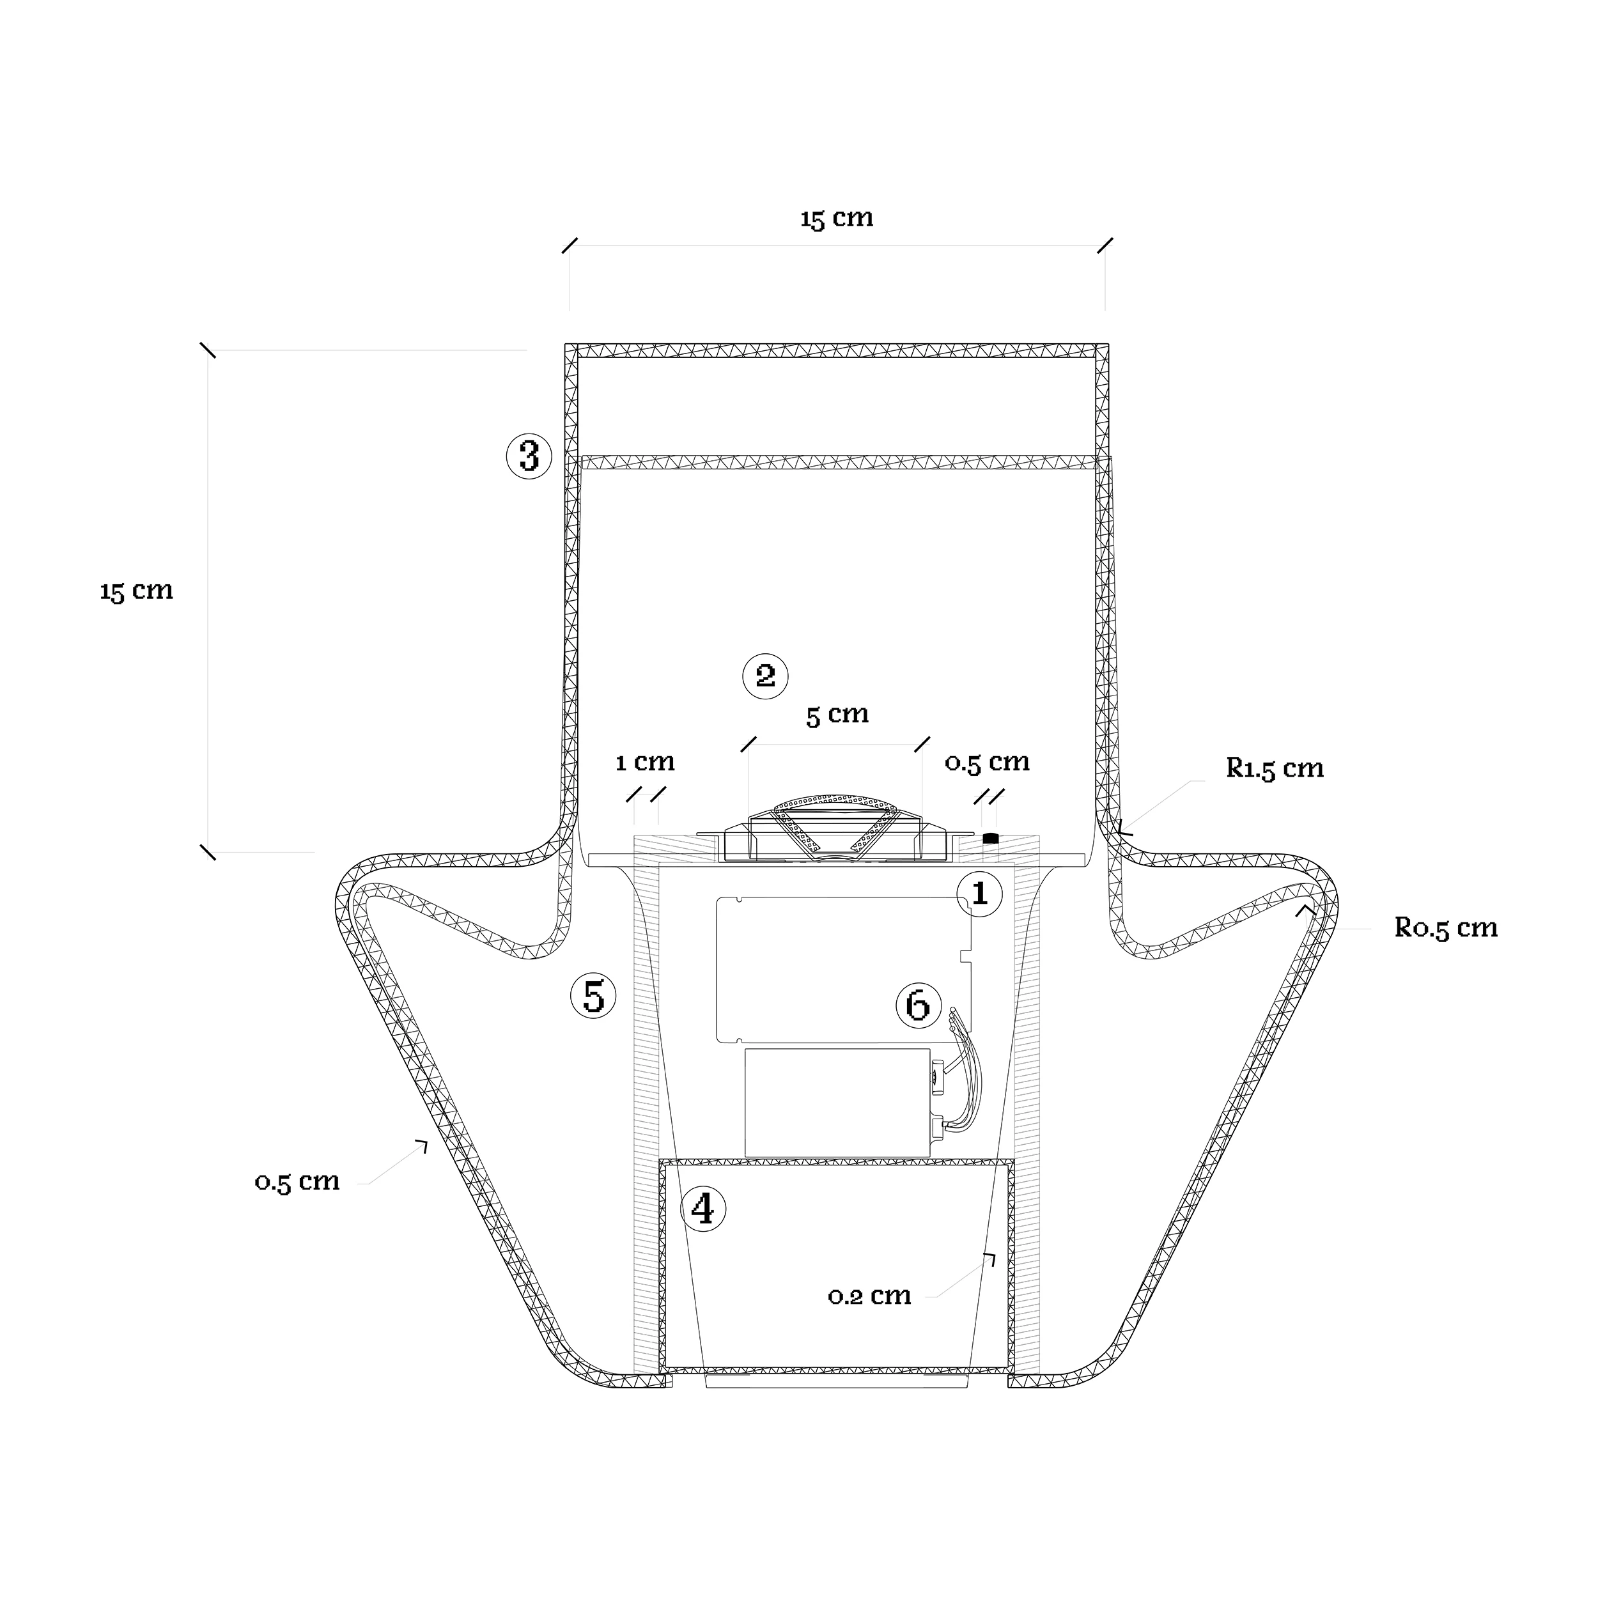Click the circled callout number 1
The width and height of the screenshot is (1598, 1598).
click(x=979, y=894)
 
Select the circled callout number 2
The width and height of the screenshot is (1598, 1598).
click(x=765, y=676)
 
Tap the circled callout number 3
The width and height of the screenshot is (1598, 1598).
click(x=529, y=456)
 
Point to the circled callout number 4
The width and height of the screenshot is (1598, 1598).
click(x=702, y=1210)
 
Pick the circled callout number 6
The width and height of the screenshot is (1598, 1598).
click(x=918, y=1005)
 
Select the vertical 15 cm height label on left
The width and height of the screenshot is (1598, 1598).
click(x=137, y=591)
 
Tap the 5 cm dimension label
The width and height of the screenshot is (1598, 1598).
click(x=837, y=714)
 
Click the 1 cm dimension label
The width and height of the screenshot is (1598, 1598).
click(x=645, y=762)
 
